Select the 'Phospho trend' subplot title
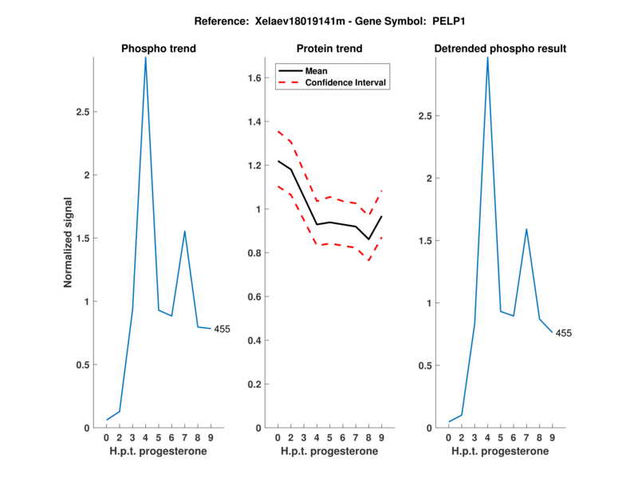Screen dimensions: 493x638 tap(158, 49)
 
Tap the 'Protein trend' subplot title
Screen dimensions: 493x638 tap(329, 49)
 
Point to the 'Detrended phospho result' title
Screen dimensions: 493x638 tap(500, 49)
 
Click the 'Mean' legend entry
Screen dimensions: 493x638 tap(316, 70)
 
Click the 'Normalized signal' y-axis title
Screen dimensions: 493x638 tap(69, 243)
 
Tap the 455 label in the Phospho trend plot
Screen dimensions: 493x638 tap(221, 329)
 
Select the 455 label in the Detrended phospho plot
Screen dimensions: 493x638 tap(563, 333)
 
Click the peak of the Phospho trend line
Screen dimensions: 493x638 tap(145, 58)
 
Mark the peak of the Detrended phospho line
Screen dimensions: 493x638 tap(487, 58)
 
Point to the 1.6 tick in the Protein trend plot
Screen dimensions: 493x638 tap(255, 78)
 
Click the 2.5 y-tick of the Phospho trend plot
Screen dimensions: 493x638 tap(81, 112)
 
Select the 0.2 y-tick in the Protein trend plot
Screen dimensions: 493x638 tap(255, 385)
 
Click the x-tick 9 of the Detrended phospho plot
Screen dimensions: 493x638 tap(552, 437)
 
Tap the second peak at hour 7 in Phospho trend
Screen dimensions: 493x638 tap(185, 231)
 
